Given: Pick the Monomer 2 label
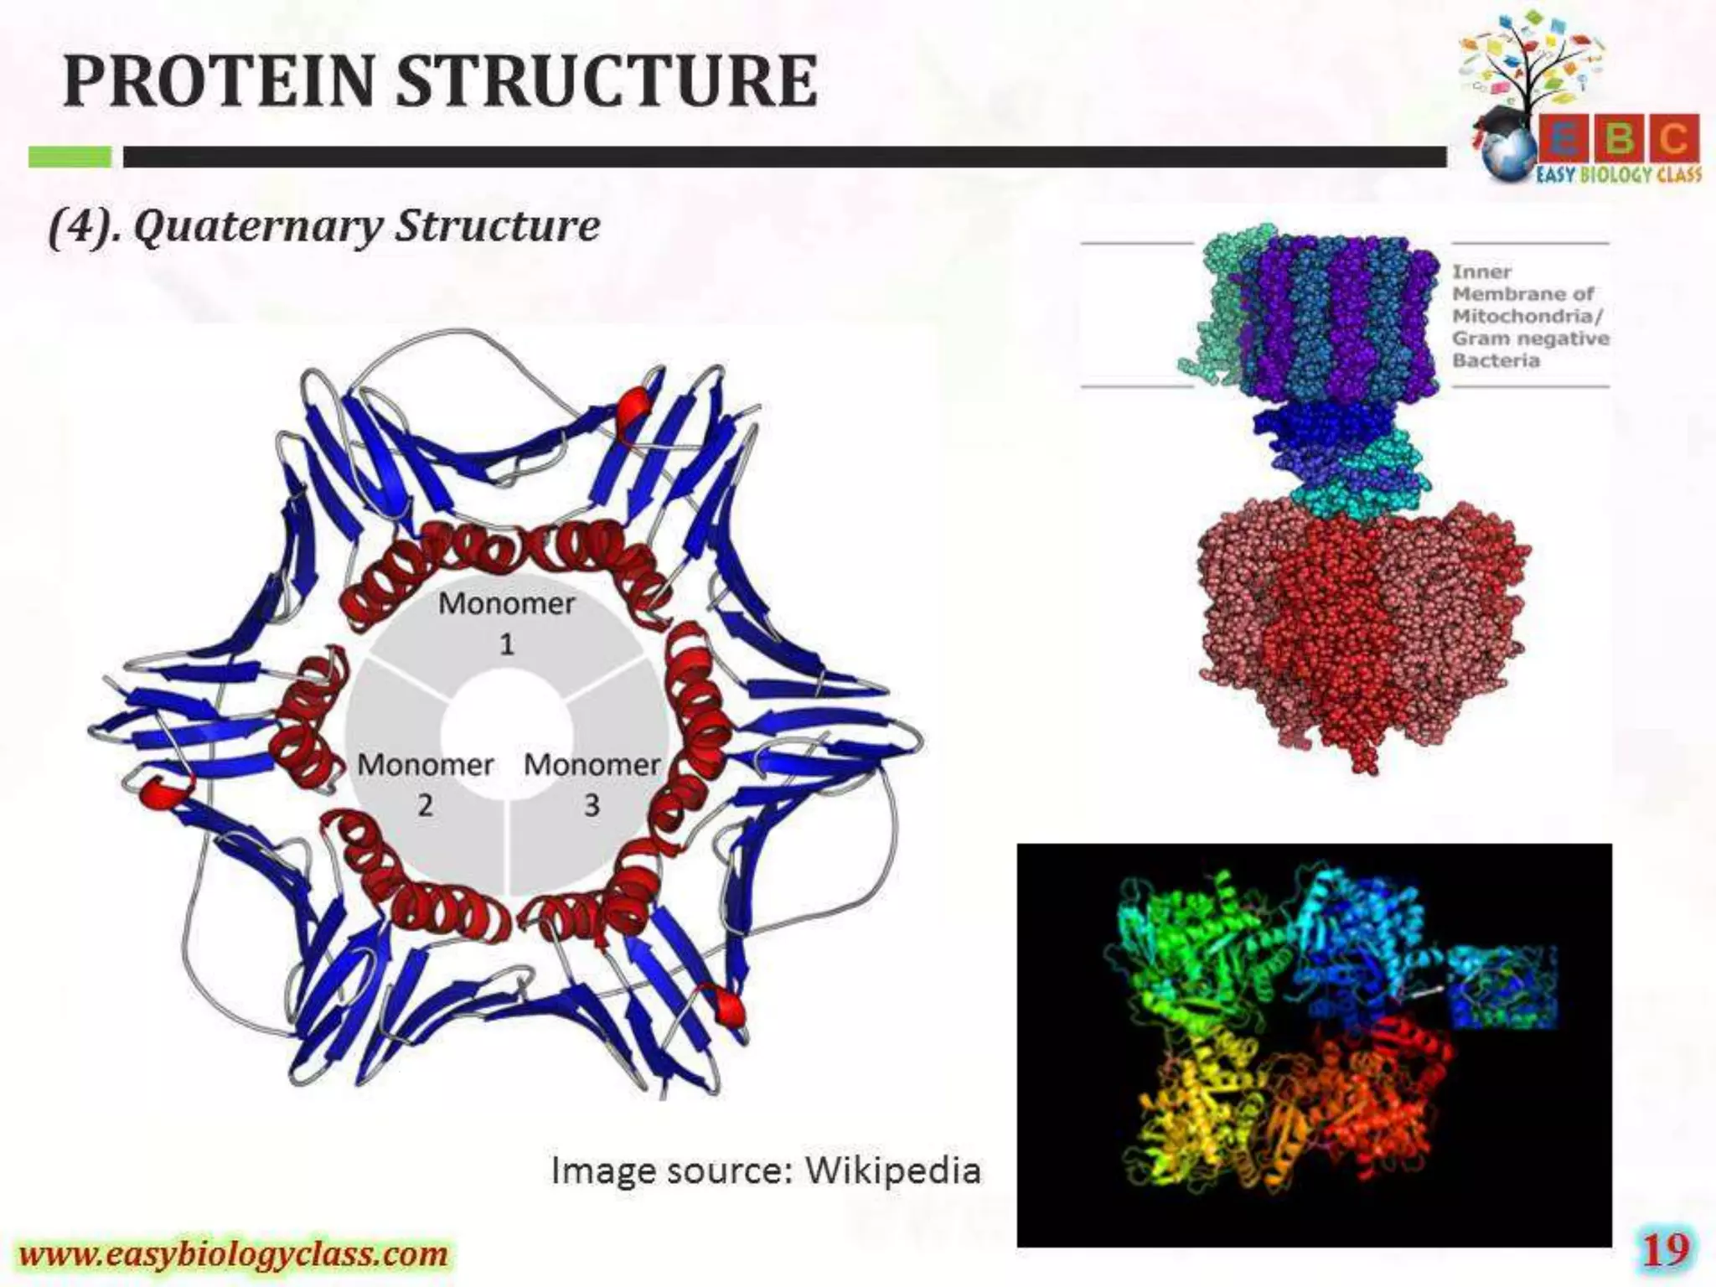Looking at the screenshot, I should tap(426, 783).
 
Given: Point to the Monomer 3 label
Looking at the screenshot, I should tap(592, 783).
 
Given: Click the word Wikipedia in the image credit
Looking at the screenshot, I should tap(892, 1171).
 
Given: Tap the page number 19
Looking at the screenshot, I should tap(1666, 1251).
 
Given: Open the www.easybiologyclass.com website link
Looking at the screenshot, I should tap(234, 1254).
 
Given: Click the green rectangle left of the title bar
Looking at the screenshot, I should tap(70, 157).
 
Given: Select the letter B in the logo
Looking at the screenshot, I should tap(1620, 138).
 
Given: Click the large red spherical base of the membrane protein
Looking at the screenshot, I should tap(1362, 628).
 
